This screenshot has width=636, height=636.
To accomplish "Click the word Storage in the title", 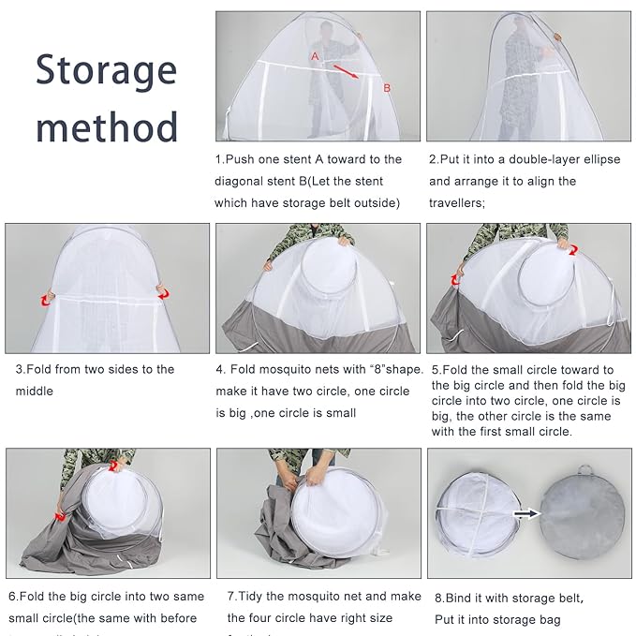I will [106, 70].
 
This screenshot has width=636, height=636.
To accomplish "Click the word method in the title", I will [106, 126].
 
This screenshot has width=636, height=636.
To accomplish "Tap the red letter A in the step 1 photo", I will [316, 56].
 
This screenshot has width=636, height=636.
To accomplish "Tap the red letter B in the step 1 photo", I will [385, 88].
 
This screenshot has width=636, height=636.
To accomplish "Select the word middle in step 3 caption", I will [34, 391].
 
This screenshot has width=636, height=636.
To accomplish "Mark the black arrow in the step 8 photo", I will [525, 512].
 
